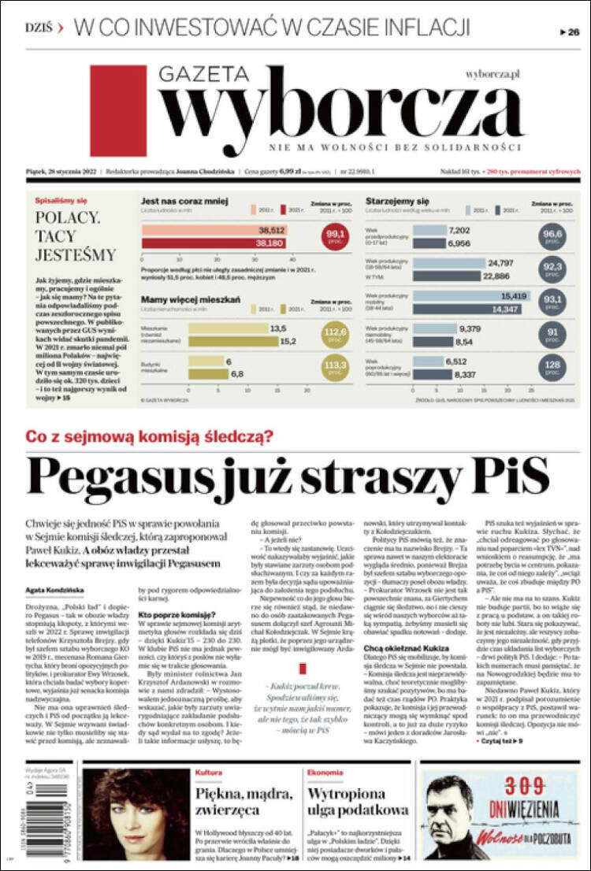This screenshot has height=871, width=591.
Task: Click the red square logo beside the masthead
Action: [118, 110]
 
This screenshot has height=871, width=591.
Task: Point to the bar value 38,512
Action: [271, 230]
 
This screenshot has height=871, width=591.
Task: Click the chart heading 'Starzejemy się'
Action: [397, 202]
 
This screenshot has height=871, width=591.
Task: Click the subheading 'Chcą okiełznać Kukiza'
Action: [406, 648]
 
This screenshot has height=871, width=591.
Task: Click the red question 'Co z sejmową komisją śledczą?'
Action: [150, 435]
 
